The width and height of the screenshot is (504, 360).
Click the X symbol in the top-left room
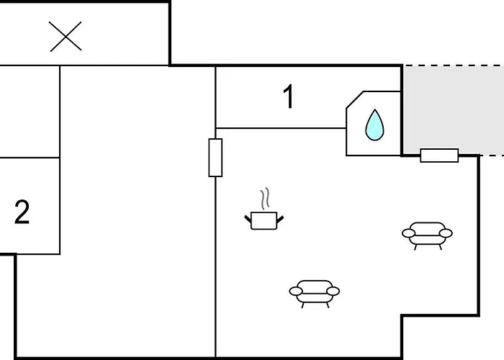[x=66, y=36]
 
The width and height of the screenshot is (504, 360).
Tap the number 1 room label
[x=289, y=96]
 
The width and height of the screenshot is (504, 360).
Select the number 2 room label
[x=22, y=212]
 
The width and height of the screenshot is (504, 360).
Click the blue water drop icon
[x=374, y=125]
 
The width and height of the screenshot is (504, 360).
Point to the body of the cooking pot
[x=264, y=221]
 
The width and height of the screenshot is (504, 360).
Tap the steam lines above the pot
[x=264, y=199]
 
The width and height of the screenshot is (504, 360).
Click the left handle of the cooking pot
[x=248, y=219]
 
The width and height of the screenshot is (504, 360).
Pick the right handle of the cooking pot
[x=280, y=220]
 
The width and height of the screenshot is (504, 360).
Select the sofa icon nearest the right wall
[x=427, y=235]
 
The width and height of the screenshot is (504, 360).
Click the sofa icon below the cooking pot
[x=315, y=294]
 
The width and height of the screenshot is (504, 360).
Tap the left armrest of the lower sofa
[x=296, y=291]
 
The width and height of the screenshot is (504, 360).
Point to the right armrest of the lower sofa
[x=333, y=291]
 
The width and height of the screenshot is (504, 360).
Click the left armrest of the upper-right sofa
[x=408, y=233]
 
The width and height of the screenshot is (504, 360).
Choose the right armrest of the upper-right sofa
[x=446, y=233]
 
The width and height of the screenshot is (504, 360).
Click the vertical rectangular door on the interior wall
[x=215, y=158]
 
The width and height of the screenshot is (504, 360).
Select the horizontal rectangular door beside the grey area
[x=439, y=156]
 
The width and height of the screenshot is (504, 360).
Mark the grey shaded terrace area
[x=454, y=110]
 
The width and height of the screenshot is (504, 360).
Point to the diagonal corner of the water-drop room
[x=355, y=99]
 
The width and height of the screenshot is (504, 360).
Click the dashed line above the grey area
[x=454, y=66]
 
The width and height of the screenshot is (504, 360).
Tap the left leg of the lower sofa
[x=303, y=305]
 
